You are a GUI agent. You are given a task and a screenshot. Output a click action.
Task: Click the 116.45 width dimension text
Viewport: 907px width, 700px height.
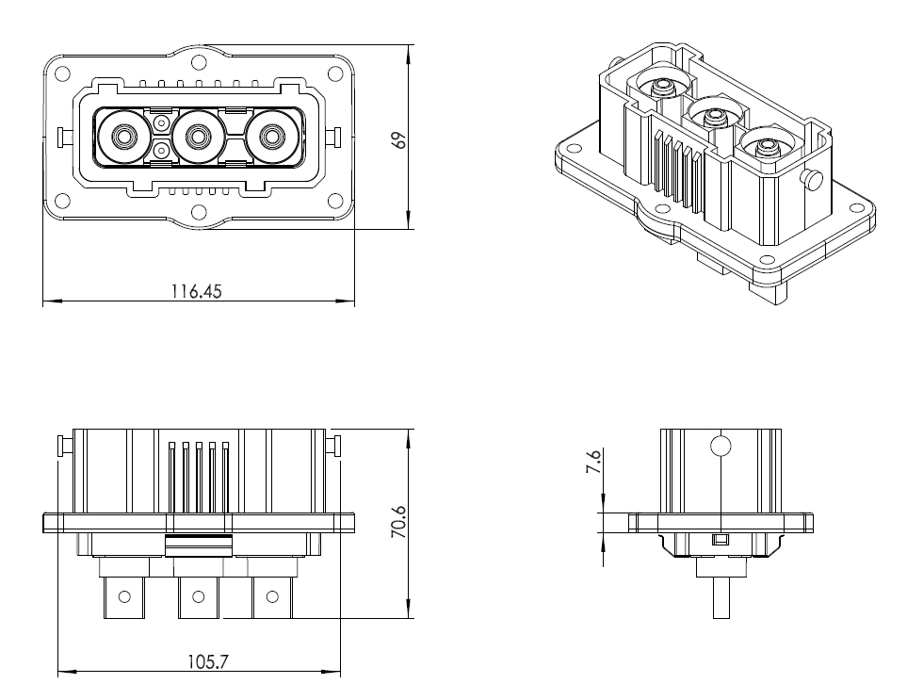[196, 291]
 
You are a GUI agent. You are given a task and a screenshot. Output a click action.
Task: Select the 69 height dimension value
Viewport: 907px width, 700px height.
[399, 140]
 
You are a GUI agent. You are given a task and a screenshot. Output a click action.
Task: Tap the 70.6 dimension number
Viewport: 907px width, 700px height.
[399, 523]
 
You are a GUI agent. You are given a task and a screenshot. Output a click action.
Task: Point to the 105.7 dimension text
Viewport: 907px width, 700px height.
[207, 661]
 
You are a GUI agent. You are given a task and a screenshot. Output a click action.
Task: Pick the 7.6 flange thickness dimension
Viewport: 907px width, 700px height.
[593, 462]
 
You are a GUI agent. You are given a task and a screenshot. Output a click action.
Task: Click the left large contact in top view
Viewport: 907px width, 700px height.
[123, 138]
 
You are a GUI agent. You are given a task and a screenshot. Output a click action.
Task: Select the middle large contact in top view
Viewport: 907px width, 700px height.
[198, 138]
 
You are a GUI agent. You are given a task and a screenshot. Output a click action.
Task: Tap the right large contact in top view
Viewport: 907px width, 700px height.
[269, 138]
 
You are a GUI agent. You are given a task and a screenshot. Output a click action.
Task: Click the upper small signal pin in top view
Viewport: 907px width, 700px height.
[161, 122]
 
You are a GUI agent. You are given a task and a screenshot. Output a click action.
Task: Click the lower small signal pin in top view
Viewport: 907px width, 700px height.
[161, 152]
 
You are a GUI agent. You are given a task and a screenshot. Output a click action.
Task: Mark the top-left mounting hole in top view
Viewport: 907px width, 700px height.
[62, 74]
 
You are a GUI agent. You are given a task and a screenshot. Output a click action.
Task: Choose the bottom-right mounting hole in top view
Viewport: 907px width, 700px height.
[335, 202]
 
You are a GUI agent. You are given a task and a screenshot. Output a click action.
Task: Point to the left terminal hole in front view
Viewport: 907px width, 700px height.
[123, 596]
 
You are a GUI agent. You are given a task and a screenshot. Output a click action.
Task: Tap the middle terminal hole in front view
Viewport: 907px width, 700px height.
[198, 596]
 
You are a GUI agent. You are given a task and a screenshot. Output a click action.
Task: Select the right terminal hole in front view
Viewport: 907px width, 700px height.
[270, 596]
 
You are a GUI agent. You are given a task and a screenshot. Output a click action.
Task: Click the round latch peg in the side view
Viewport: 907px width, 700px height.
[721, 446]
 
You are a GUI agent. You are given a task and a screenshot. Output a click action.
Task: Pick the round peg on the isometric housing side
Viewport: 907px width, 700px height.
[812, 180]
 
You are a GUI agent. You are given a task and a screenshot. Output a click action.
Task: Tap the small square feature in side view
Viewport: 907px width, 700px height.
[721, 540]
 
